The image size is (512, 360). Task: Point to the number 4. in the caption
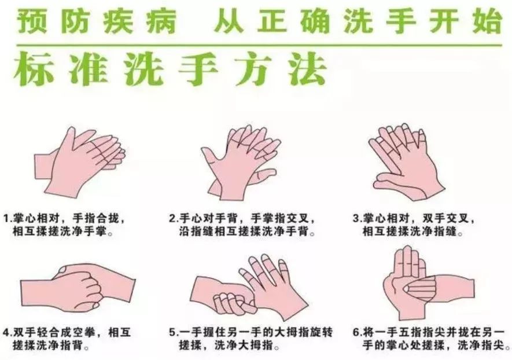(8, 333)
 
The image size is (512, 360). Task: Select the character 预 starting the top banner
(30, 21)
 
